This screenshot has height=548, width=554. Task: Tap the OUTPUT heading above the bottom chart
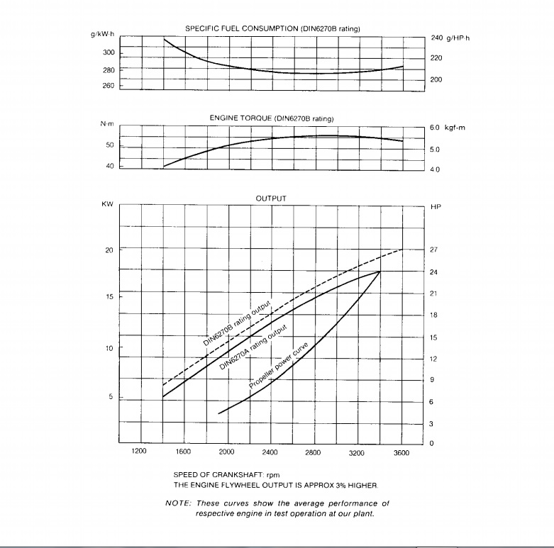click(271, 199)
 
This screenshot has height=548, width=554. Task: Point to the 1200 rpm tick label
click(139, 452)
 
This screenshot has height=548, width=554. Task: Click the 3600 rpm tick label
click(401, 452)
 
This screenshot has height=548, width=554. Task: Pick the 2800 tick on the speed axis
click(314, 452)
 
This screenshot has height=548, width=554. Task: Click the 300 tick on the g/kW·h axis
click(108, 53)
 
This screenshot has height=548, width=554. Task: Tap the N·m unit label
click(107, 124)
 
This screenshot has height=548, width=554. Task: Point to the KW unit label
click(108, 204)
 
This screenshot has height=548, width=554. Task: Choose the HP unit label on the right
click(436, 207)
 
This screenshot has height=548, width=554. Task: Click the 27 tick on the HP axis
click(435, 250)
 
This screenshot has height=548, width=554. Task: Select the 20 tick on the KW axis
click(109, 250)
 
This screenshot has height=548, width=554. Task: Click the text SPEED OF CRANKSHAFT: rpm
click(220, 474)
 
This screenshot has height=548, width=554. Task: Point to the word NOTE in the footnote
click(177, 503)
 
